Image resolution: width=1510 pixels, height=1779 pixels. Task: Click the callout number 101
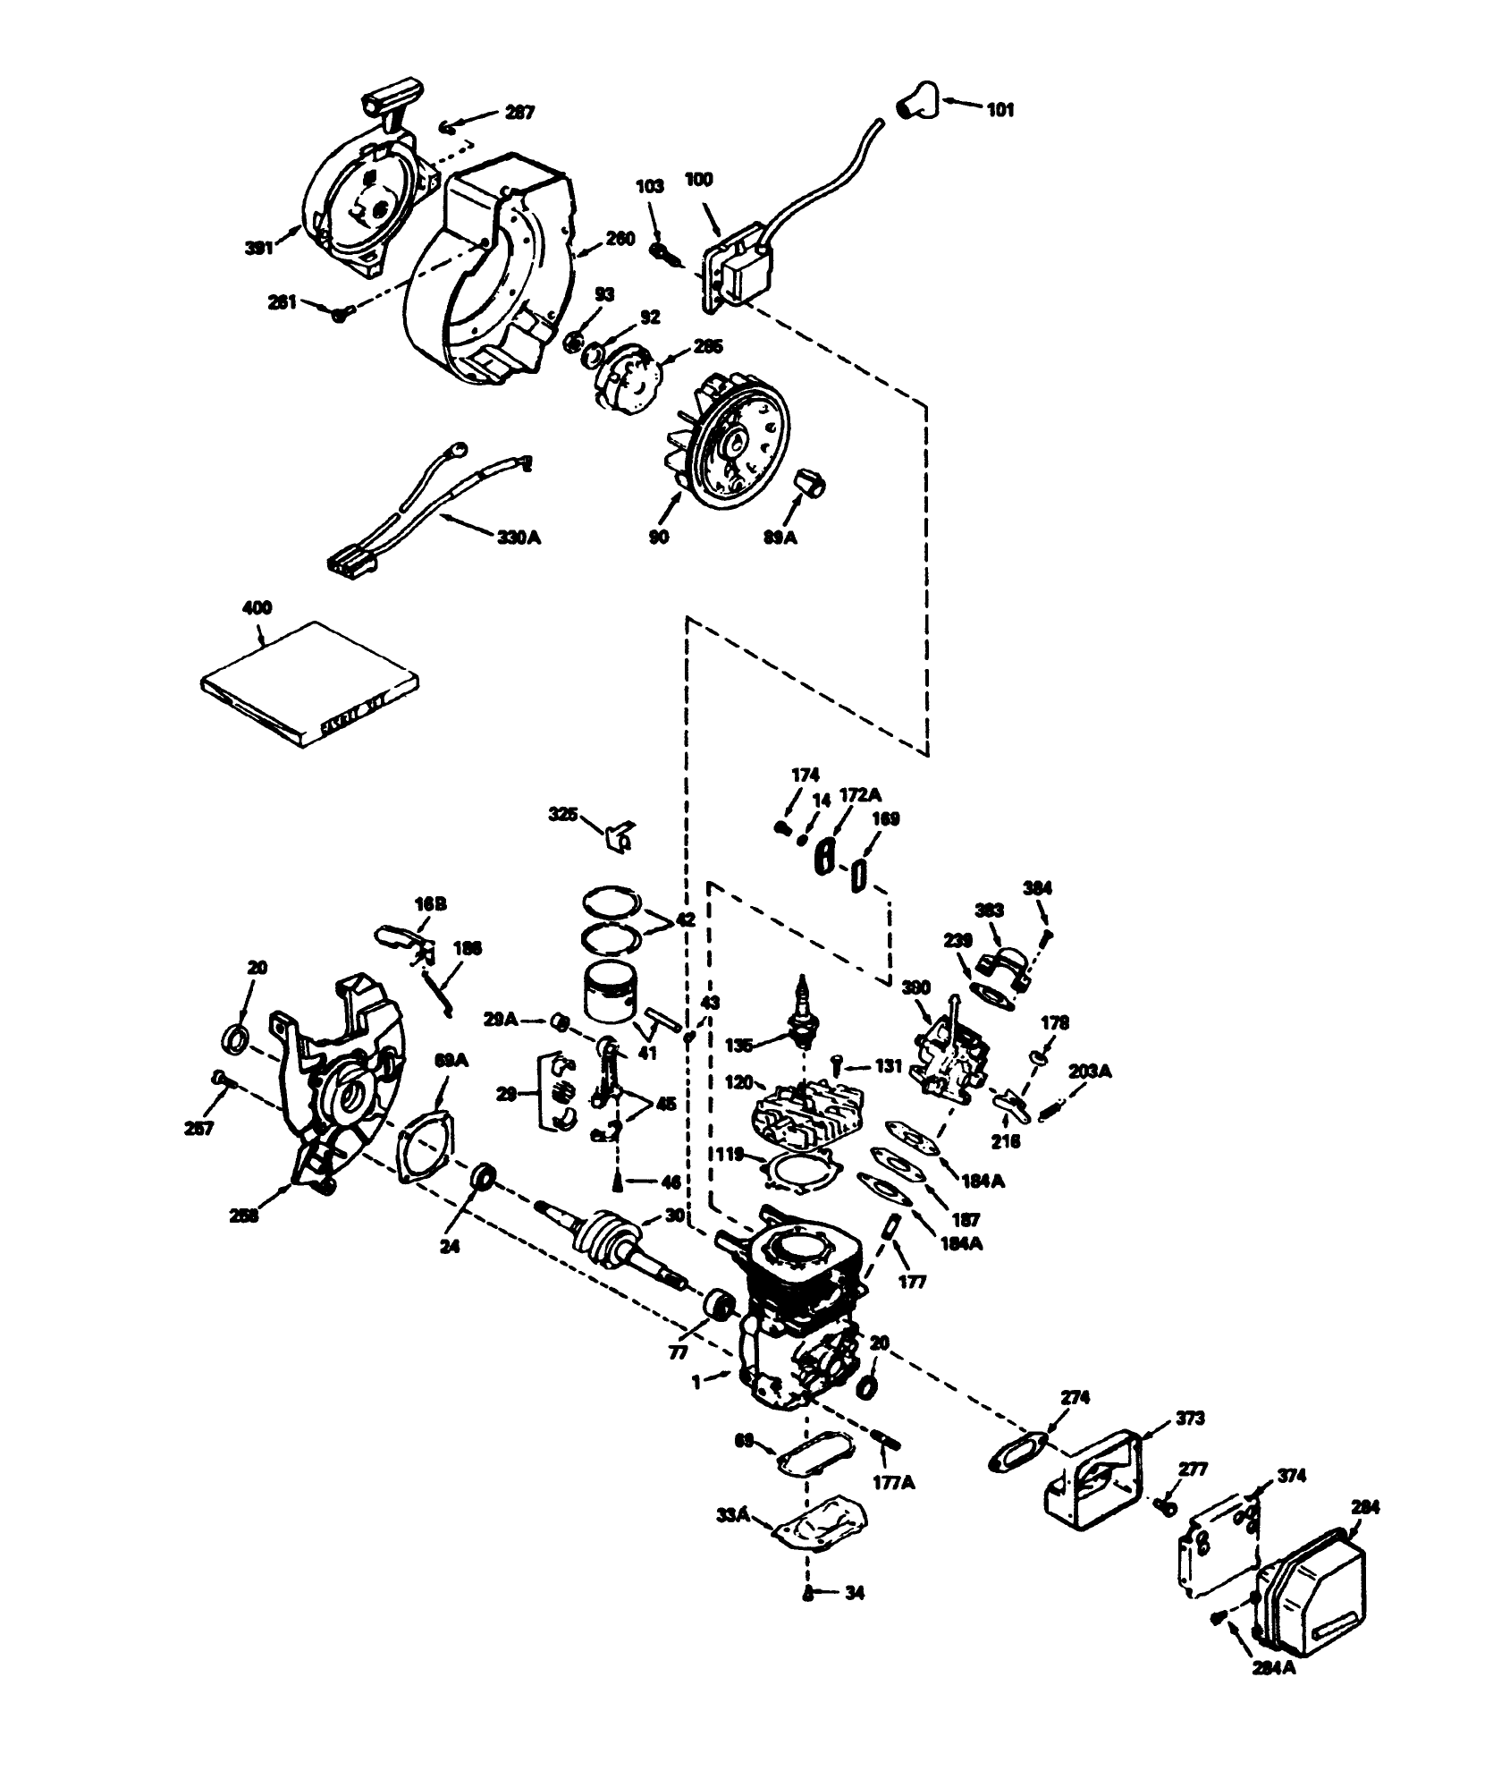tap(1000, 110)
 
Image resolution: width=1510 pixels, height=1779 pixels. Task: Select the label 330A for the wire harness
tap(519, 538)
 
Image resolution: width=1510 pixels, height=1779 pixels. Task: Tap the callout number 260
tap(620, 239)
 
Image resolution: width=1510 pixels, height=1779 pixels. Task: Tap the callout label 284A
tap(1273, 1668)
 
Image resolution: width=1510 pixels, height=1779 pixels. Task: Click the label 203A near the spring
tap(1091, 1071)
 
